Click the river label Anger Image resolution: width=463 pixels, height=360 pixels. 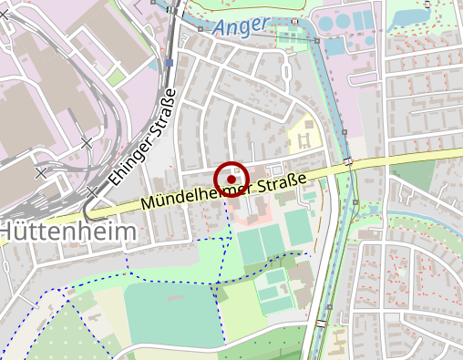pyautogui.click(x=243, y=29)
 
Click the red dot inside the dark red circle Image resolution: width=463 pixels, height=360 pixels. pyautogui.click(x=231, y=180)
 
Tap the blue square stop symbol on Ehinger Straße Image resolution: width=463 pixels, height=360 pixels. pyautogui.click(x=170, y=63)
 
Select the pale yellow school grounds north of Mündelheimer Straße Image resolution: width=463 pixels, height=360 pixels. pyautogui.click(x=303, y=138)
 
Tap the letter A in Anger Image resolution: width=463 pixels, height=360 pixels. pyautogui.click(x=221, y=30)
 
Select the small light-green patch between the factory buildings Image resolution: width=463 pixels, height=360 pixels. pyautogui.click(x=115, y=77)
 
